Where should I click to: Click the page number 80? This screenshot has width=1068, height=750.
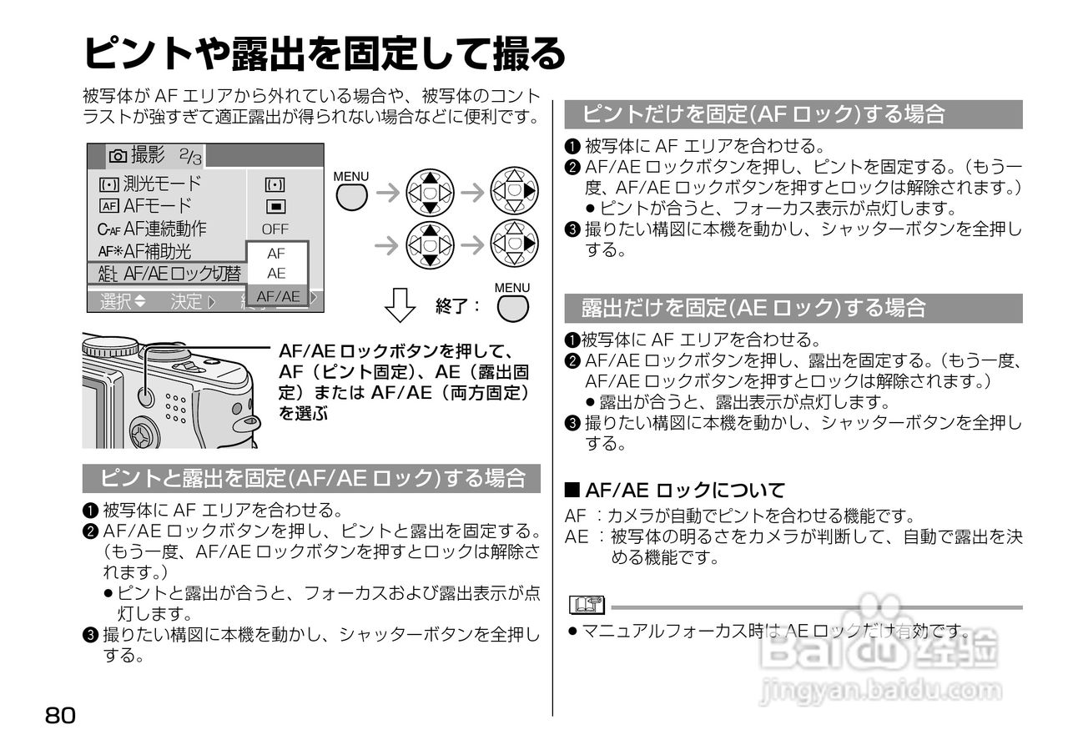point(61,715)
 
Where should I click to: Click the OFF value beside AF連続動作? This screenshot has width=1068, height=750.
point(275,229)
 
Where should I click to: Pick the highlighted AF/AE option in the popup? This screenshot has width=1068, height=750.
point(278,296)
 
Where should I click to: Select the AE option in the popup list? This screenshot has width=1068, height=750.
point(276,273)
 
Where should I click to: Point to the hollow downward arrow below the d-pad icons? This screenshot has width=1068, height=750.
point(400,305)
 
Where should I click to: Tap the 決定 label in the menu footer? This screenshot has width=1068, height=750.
point(193,302)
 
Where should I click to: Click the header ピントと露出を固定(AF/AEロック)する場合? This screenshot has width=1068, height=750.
point(311,478)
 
